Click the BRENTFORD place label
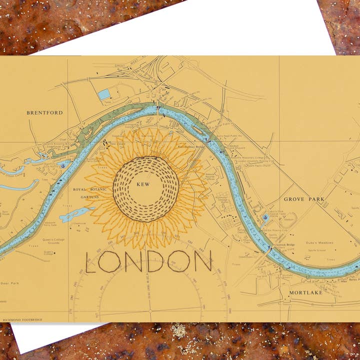click(x=44, y=113)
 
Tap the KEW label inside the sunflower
click(x=143, y=184)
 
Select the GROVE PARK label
click(x=304, y=199)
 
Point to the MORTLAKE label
click(x=306, y=292)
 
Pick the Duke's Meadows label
click(x=320, y=242)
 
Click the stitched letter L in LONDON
click(x=93, y=261)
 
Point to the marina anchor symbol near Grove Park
click(x=264, y=218)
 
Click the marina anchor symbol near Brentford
click(x=63, y=164)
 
